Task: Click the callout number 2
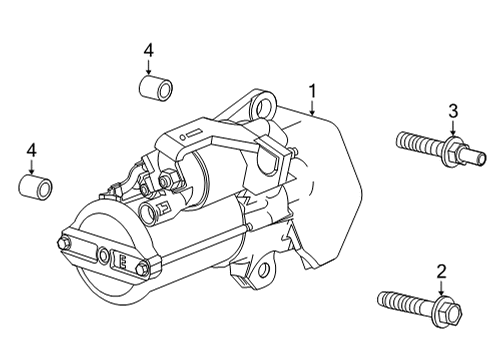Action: [439, 270]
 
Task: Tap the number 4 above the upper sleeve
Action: [148, 50]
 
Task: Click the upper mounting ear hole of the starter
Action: [262, 103]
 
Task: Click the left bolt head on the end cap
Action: [66, 243]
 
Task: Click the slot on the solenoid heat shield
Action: [192, 133]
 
